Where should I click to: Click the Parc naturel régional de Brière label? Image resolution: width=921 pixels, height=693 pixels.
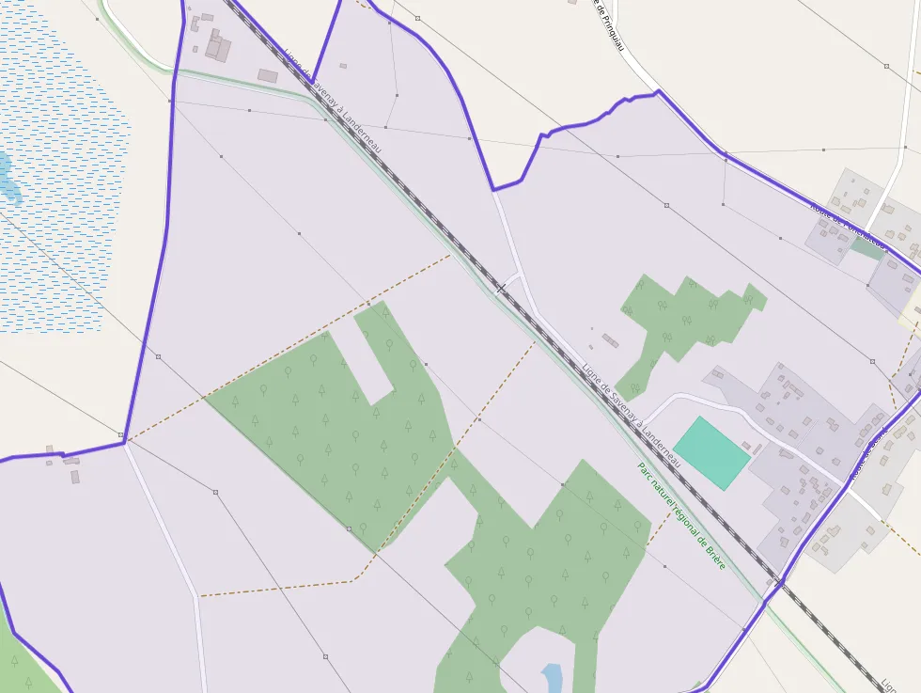(681, 515)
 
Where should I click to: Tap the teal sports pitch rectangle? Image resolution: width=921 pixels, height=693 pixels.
(711, 453)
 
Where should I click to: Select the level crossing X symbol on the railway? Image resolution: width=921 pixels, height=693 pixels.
(501, 289)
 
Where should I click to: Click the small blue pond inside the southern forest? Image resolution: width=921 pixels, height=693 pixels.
(553, 676)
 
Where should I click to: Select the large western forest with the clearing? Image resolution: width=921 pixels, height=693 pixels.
(329, 423)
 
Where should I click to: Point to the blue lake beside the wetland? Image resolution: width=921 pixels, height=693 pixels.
(8, 179)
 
